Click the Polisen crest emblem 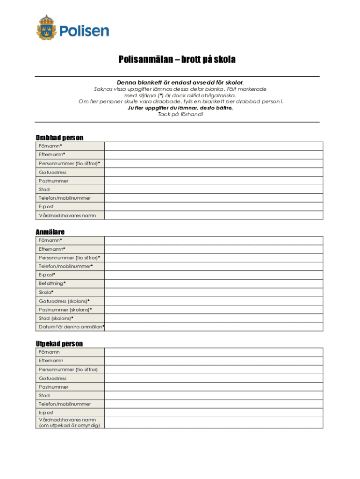coord(46,27)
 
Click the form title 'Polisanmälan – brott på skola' coord(177,60)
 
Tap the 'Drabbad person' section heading coord(59,138)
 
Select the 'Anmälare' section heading coord(50,232)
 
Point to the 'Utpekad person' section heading coord(59,344)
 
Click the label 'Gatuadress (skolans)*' coord(64,301)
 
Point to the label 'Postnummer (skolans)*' coord(65,310)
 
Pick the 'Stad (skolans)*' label coord(56,318)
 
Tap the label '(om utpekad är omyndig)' coord(69,425)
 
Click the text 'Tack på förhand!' coord(180,114)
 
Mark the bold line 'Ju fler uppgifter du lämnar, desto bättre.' coord(180,108)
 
